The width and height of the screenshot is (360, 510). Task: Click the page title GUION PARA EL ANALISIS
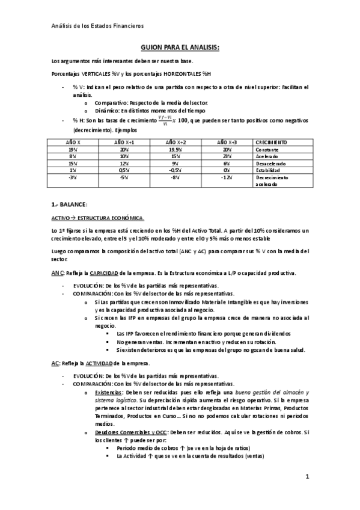click(180, 47)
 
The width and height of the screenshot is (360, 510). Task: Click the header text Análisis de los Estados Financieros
click(97, 25)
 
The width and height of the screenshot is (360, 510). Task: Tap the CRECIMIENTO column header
click(270, 141)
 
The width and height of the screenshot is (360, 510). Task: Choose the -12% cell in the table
click(225, 178)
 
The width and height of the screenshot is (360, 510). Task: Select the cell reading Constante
click(268, 149)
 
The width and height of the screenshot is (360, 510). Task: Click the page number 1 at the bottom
click(307, 478)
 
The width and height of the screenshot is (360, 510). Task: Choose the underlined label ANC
click(55, 273)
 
